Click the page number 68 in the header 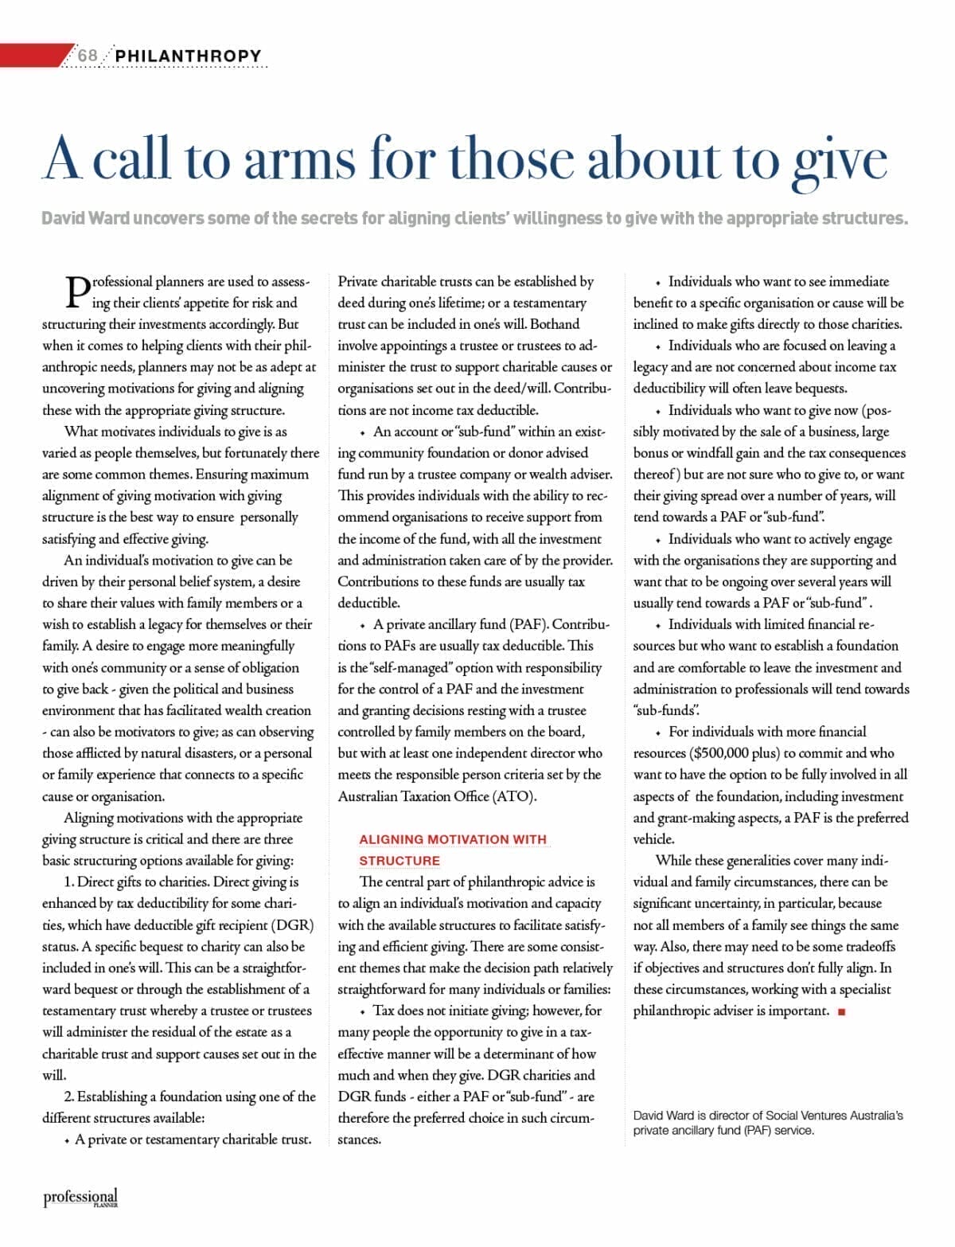pos(88,56)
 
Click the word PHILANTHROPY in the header pos(188,56)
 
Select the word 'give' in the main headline pos(839,162)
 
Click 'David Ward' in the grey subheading pos(85,218)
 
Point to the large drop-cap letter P pos(76,292)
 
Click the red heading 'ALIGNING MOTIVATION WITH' pos(453,839)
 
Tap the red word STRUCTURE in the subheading pos(400,861)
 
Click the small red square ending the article pos(842,1012)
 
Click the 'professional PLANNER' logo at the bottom pos(80,1198)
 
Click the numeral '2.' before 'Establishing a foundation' pos(70,1096)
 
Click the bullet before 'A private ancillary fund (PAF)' pos(362,625)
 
